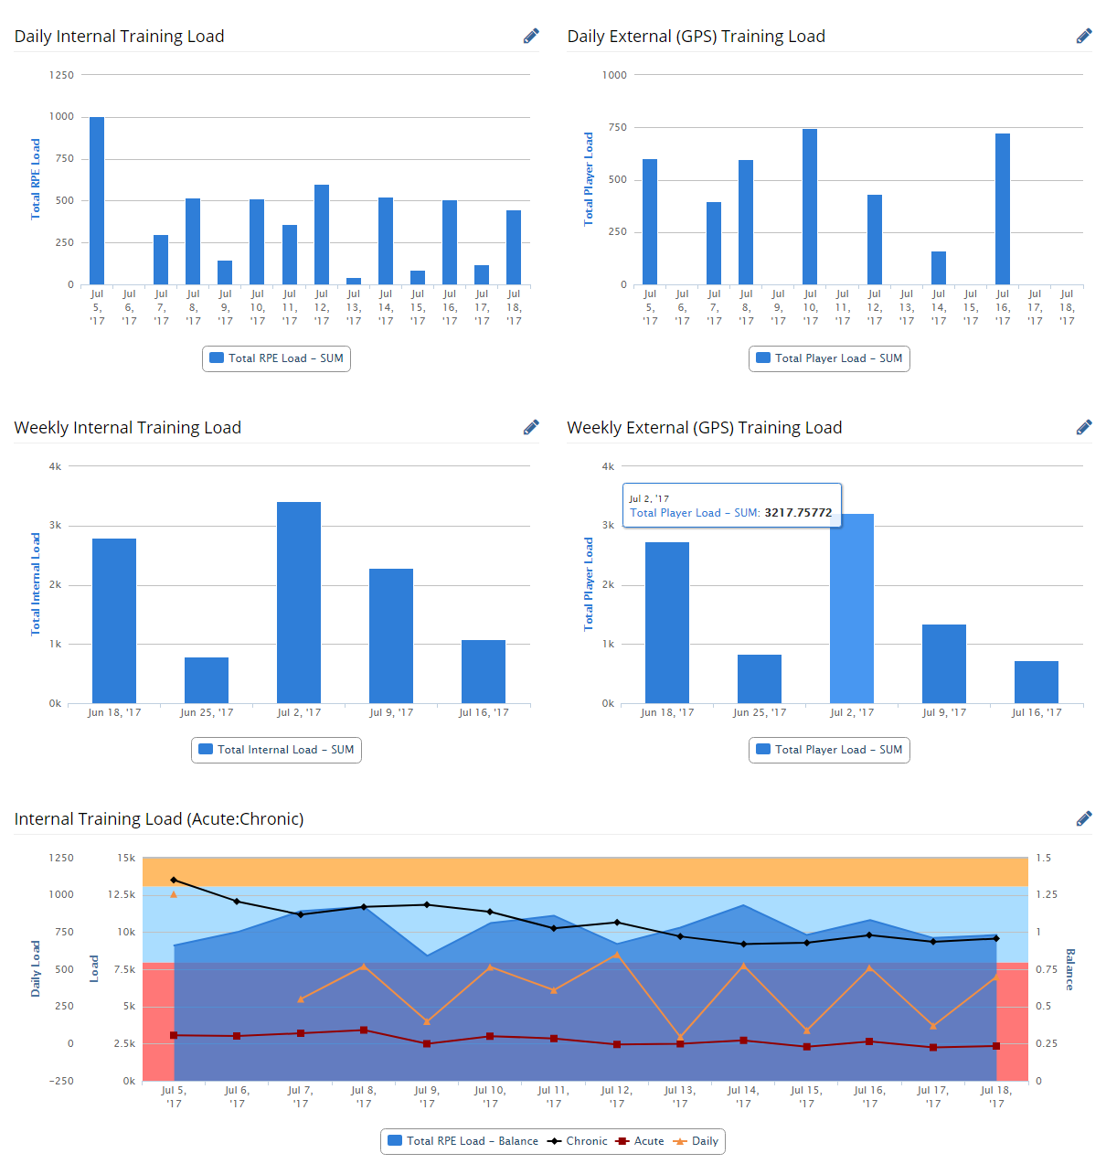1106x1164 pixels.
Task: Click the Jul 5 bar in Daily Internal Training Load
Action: point(97,200)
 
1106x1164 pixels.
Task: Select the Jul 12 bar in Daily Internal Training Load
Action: point(322,234)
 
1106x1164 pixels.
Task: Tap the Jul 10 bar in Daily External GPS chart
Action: point(810,207)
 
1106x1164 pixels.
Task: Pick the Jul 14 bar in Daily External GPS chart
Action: point(939,268)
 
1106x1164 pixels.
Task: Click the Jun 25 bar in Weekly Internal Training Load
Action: point(207,680)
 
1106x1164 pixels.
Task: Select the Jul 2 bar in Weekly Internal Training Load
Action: point(299,603)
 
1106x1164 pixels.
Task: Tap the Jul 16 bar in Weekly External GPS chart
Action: point(1037,682)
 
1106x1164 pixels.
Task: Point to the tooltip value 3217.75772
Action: point(798,513)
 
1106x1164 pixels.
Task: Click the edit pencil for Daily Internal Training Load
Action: point(531,37)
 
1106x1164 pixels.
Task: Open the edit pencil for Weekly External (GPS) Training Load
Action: point(1084,428)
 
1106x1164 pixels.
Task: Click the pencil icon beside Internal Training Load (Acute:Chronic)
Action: point(1084,819)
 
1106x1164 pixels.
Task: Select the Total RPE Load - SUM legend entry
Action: point(277,358)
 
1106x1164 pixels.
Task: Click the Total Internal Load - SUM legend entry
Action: point(277,750)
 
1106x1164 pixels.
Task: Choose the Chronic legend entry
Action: point(578,1141)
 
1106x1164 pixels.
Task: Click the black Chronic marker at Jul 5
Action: point(174,880)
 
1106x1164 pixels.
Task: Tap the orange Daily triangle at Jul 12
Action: point(617,955)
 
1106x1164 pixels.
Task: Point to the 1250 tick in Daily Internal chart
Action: point(62,75)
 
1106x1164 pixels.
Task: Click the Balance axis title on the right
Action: point(1069,969)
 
